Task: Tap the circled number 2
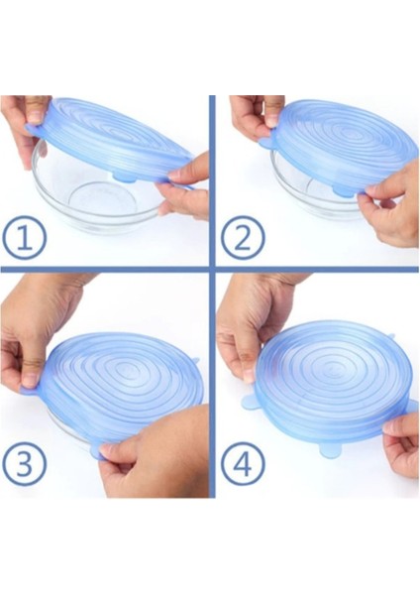click(x=243, y=237)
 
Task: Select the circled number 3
click(x=23, y=463)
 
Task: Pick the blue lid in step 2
click(x=338, y=146)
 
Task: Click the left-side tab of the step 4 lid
click(x=251, y=403)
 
